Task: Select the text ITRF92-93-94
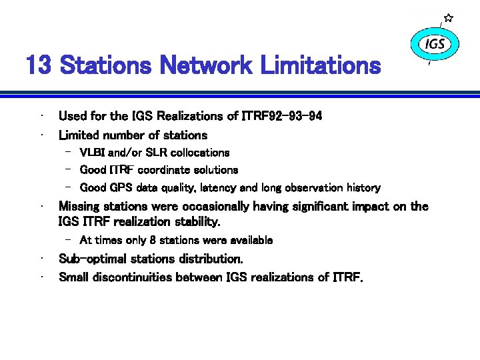coord(282,116)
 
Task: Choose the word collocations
coord(199,153)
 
